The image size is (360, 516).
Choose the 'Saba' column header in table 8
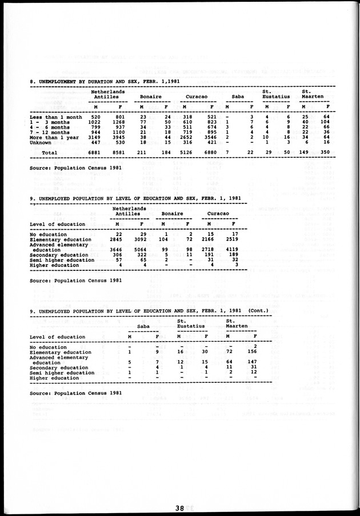click(239, 97)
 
